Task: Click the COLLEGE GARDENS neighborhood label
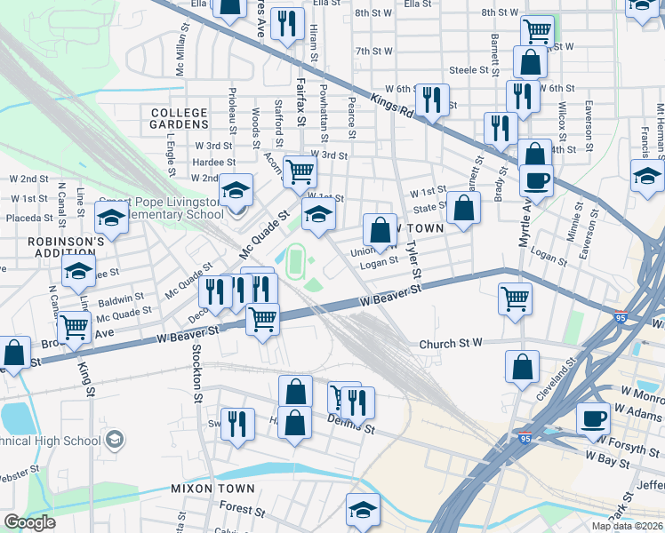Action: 179,119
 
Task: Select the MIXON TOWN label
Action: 212,489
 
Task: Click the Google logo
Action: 29,521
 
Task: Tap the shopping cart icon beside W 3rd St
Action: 300,170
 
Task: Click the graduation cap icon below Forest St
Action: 362,510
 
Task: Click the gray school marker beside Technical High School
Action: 114,439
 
